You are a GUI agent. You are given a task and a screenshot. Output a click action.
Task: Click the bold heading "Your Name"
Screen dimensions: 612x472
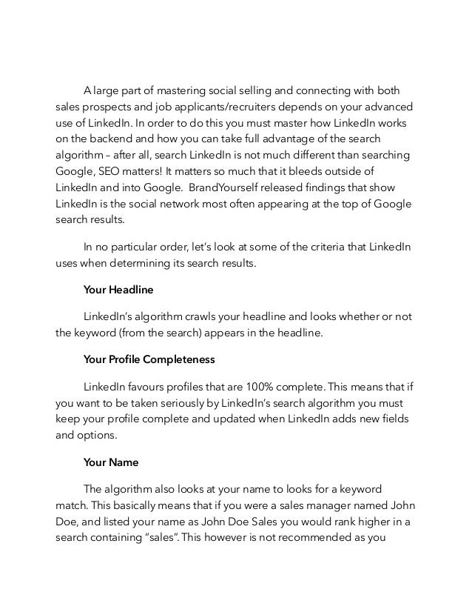[111, 462]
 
